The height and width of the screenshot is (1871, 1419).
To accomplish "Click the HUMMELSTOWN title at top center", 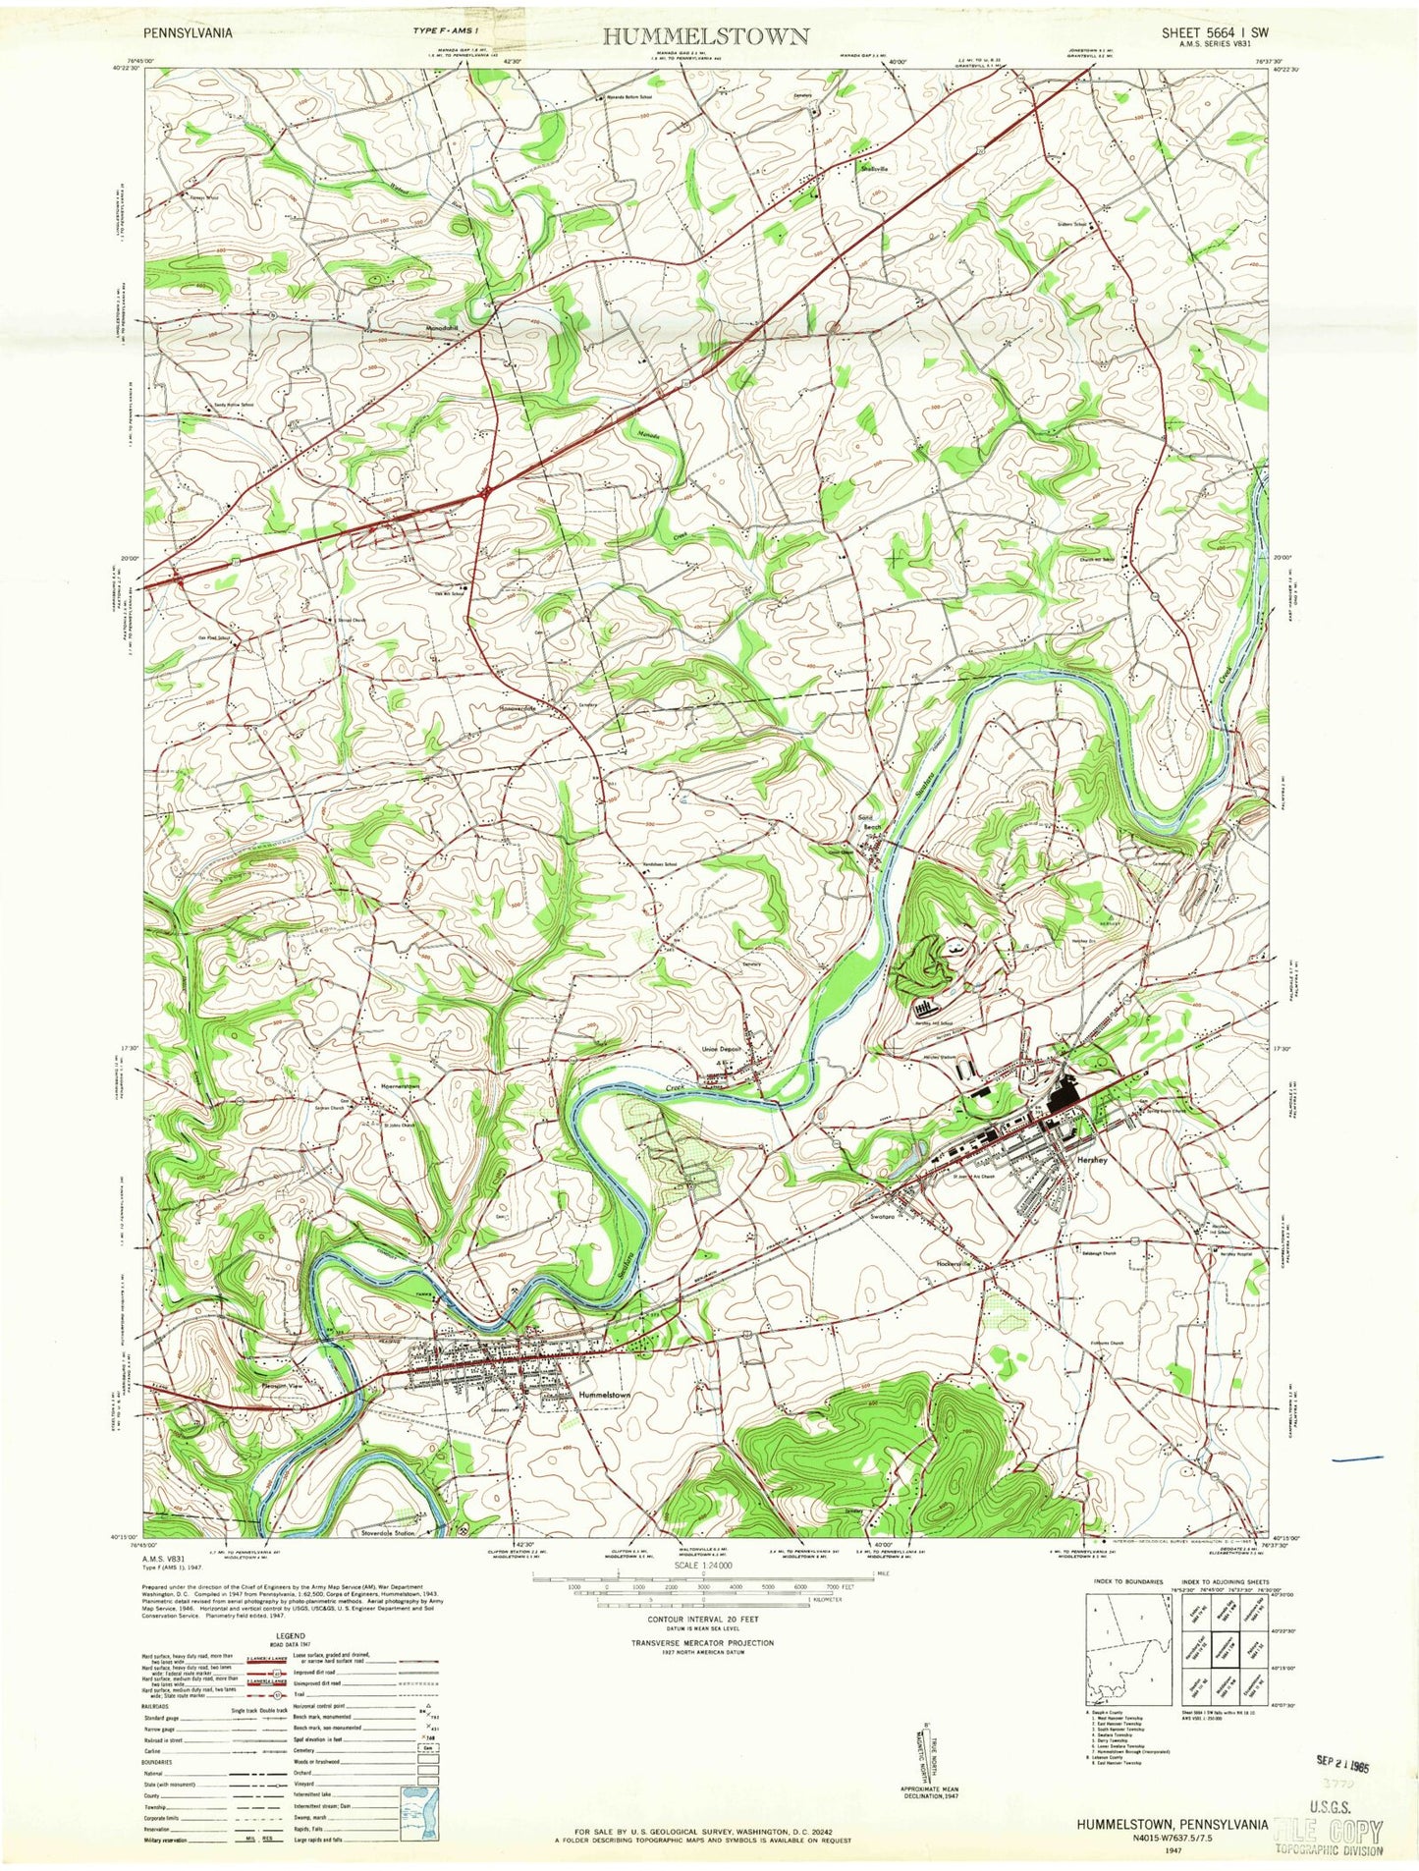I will point(706,36).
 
